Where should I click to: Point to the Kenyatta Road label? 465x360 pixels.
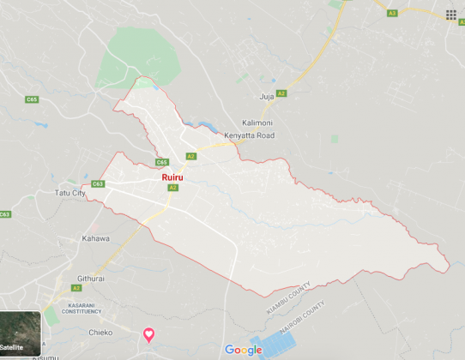pyautogui.click(x=257, y=136)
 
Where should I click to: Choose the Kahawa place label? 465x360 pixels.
pyautogui.click(x=96, y=238)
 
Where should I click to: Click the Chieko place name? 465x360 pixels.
pyautogui.click(x=101, y=332)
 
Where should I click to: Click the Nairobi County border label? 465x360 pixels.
pyautogui.click(x=302, y=315)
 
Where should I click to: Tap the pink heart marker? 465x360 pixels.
pyautogui.click(x=148, y=333)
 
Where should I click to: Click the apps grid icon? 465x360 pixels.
pyautogui.click(x=451, y=14)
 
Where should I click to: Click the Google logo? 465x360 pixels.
pyautogui.click(x=244, y=349)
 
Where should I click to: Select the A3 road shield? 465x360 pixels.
pyautogui.click(x=392, y=13)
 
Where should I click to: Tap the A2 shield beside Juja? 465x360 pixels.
pyautogui.click(x=281, y=93)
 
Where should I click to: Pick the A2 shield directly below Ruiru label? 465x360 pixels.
pyautogui.click(x=172, y=188)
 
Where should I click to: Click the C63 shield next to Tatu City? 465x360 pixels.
pyautogui.click(x=97, y=183)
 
